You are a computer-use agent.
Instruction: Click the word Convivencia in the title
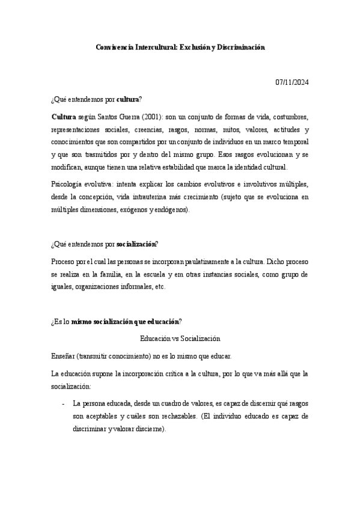117,46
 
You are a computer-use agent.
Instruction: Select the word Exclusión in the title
193,46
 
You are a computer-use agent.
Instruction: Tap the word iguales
63,287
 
